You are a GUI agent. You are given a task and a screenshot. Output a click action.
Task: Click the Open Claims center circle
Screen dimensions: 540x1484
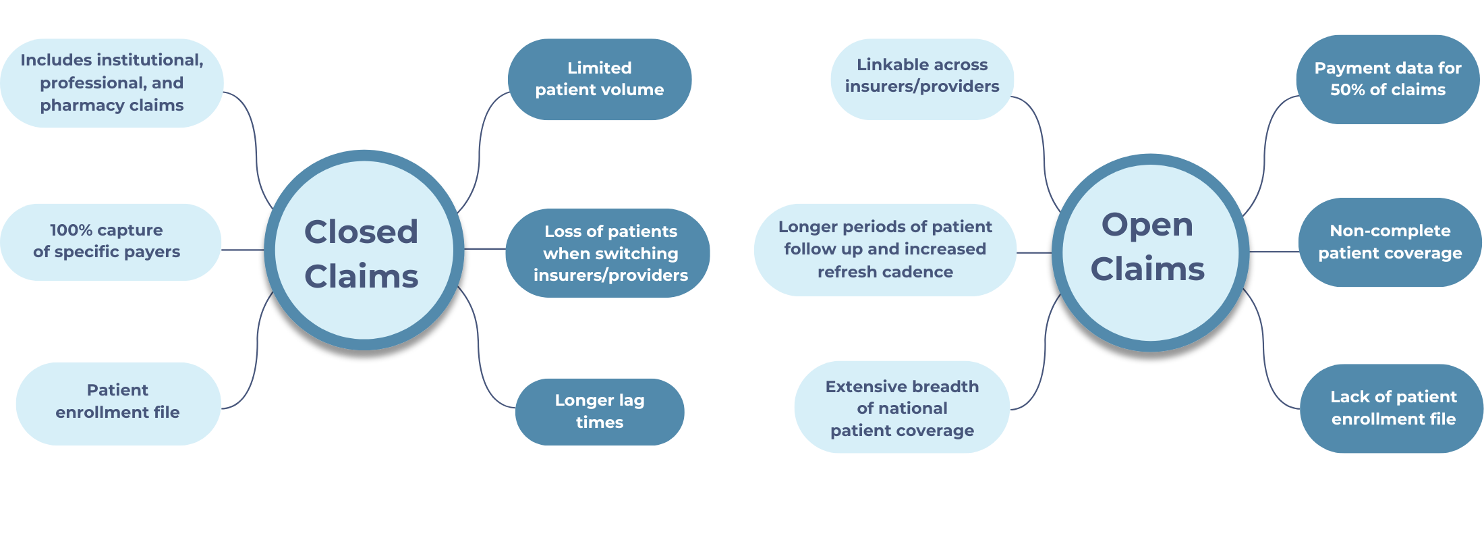click(x=1150, y=252)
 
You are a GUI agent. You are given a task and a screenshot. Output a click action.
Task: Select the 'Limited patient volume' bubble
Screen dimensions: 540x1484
click(x=599, y=79)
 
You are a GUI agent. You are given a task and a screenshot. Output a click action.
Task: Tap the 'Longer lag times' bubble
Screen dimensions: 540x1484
click(x=599, y=411)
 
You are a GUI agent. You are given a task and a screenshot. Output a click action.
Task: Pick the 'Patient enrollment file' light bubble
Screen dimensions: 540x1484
click(x=118, y=402)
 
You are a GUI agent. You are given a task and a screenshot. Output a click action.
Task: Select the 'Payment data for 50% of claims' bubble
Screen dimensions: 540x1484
click(x=1387, y=79)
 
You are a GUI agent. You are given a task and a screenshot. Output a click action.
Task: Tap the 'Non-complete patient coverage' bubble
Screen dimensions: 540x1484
click(x=1390, y=242)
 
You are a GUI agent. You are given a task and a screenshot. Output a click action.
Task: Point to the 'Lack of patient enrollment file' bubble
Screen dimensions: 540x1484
click(x=1392, y=408)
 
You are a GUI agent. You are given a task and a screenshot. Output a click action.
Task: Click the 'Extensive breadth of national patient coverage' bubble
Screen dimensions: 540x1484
click(x=902, y=408)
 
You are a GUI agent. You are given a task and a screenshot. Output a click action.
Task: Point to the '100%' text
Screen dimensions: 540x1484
click(x=71, y=230)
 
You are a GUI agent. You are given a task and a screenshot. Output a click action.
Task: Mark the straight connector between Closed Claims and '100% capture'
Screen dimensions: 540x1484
click(x=243, y=250)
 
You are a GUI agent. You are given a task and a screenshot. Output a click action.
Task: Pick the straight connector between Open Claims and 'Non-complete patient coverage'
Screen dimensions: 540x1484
click(x=1274, y=252)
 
